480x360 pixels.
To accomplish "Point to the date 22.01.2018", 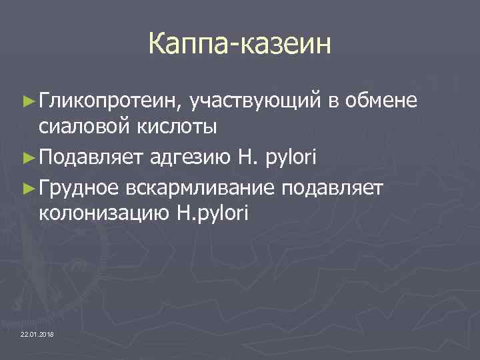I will click(38, 333).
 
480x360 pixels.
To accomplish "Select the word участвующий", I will click(256, 101).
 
